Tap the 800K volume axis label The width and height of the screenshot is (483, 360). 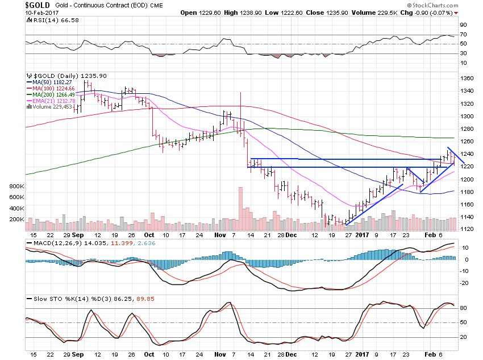tap(15, 187)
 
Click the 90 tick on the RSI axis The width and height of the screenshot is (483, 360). tap(464, 25)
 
